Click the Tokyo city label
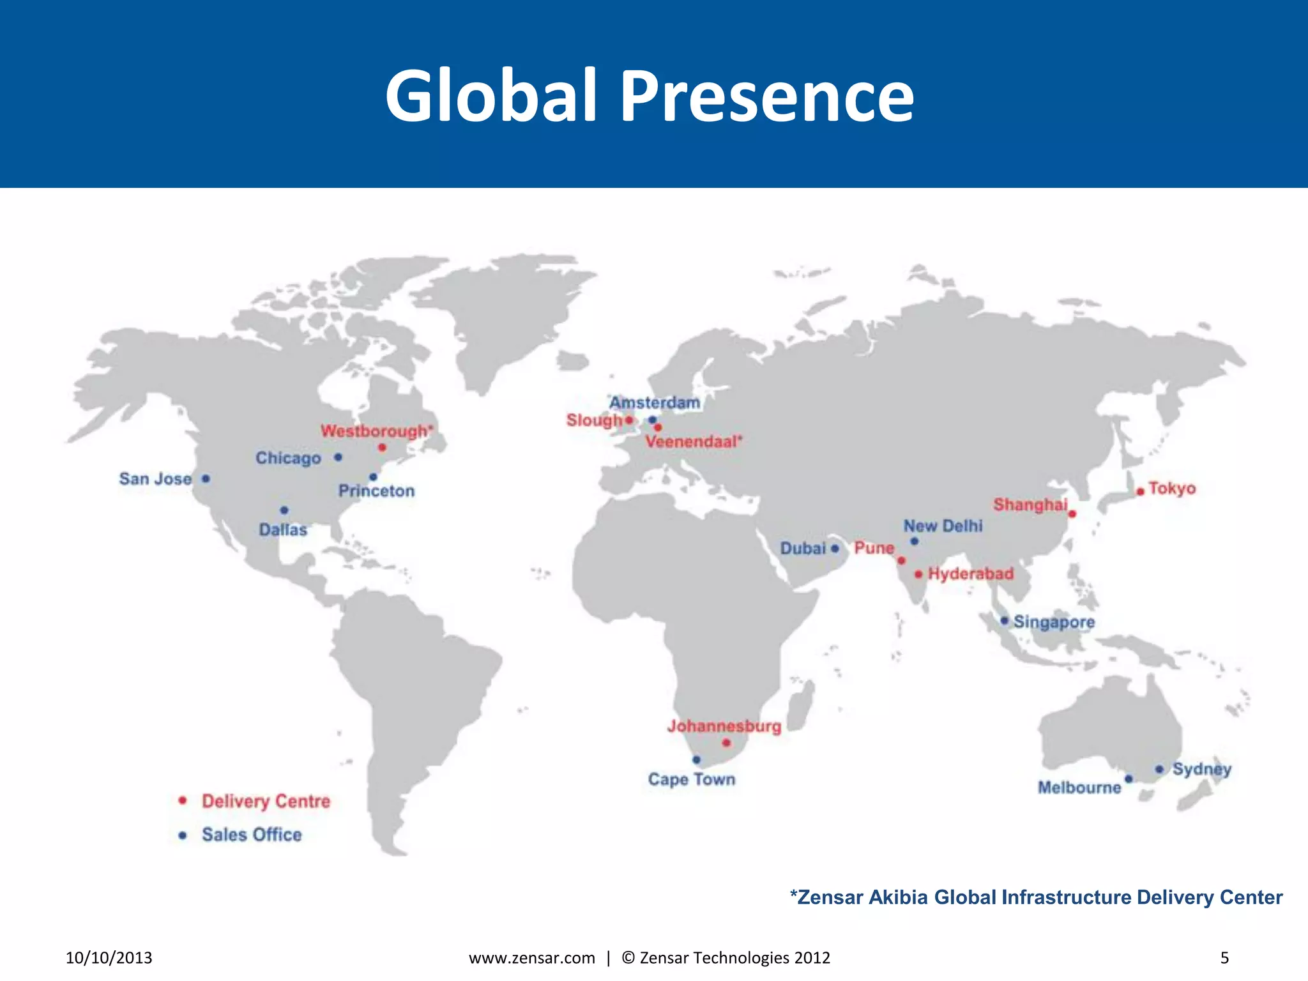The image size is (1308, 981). point(1172,489)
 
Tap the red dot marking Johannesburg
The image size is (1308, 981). point(726,743)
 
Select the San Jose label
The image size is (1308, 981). point(155,479)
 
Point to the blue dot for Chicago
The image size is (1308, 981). point(338,457)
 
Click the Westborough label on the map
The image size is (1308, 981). point(376,431)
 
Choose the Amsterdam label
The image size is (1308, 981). point(655,403)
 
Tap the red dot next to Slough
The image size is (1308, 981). point(629,420)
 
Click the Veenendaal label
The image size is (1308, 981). point(694,441)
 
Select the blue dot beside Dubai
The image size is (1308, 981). point(835,549)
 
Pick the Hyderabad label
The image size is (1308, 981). point(971,574)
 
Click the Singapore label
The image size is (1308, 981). point(1054,622)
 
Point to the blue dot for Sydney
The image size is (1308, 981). point(1159,769)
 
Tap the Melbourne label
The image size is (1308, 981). point(1079,787)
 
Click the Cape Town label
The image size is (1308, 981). point(692,779)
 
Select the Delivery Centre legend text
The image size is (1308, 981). point(266,801)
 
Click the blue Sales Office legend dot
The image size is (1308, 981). point(183,835)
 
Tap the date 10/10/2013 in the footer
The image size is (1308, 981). point(109,958)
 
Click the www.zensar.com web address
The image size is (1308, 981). point(532,958)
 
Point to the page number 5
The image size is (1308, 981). point(1224,958)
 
